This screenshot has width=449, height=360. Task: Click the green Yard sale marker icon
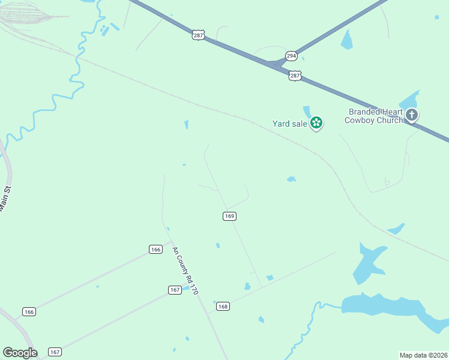(316, 124)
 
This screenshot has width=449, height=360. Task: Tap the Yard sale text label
(289, 124)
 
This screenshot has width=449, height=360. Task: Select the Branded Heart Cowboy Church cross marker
(411, 115)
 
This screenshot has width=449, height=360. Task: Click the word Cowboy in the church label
(361, 120)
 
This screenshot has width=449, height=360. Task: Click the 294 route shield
(291, 56)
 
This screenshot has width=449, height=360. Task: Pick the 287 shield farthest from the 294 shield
(199, 35)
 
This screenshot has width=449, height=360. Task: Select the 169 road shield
(229, 216)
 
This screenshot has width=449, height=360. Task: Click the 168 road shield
(223, 306)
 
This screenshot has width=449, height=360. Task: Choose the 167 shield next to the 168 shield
(175, 290)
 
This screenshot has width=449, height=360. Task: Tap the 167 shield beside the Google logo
(55, 352)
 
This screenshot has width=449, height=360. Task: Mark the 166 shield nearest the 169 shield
(155, 249)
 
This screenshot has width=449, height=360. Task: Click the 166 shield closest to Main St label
(29, 311)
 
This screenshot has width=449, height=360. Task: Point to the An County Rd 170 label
(185, 270)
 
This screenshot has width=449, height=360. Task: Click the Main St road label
(6, 200)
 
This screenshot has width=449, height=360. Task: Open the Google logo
(20, 352)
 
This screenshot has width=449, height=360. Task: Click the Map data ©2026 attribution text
(423, 355)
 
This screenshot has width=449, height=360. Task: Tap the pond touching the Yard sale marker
(307, 112)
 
